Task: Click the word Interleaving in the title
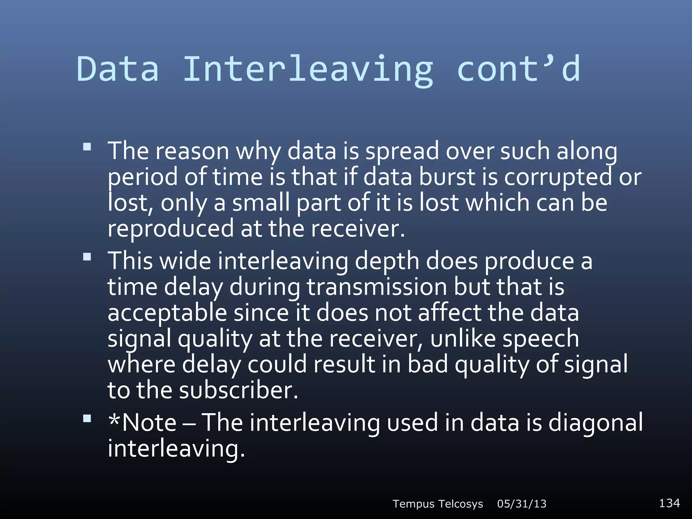(x=308, y=69)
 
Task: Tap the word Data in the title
(x=118, y=69)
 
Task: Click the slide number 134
(x=669, y=503)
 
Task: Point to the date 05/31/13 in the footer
(x=522, y=504)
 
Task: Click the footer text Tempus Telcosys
(x=438, y=504)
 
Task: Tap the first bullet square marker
(x=87, y=147)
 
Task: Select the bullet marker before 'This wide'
(x=87, y=257)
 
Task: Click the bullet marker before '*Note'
(x=87, y=419)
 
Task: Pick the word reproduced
(x=171, y=229)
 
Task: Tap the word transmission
(x=377, y=287)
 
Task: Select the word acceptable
(x=167, y=313)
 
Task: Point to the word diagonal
(x=595, y=423)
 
